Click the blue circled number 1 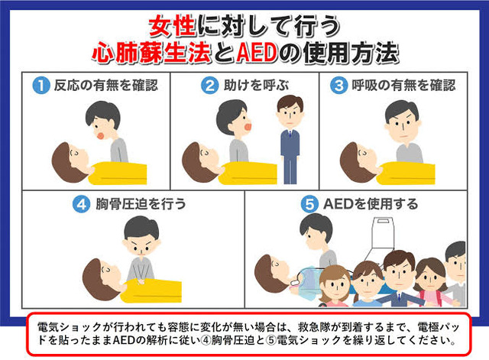point(41,86)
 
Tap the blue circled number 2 point(209,86)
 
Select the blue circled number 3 point(339,86)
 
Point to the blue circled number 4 point(82,204)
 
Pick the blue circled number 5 point(309,204)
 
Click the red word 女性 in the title point(173,26)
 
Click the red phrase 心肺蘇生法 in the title point(151,53)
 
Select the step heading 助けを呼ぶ point(257,86)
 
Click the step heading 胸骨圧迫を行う point(141,204)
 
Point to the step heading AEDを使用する point(371,204)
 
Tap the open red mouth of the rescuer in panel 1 point(101,136)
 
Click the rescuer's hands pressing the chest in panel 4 point(141,281)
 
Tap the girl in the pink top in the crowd point(432,282)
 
